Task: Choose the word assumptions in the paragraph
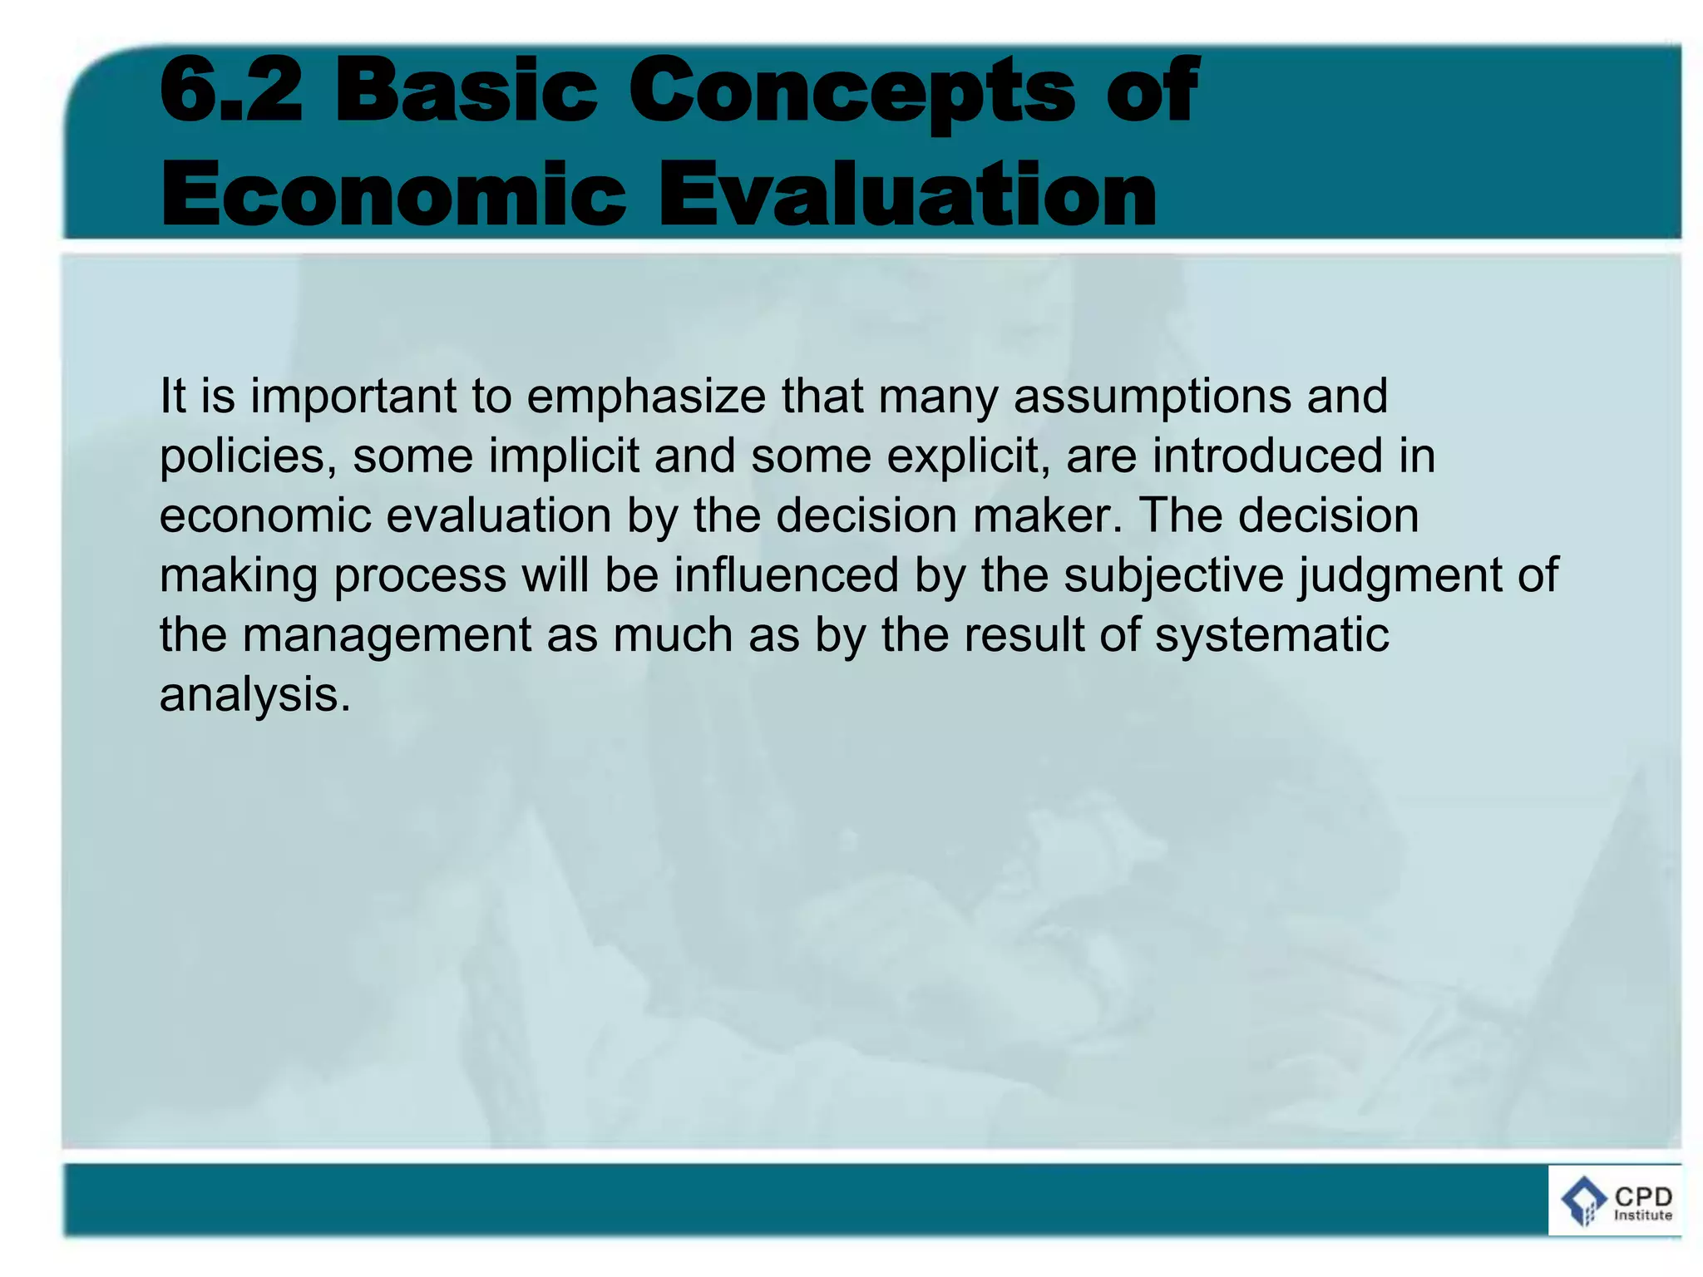(1152, 397)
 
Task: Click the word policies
(248, 456)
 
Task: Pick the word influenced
(786, 575)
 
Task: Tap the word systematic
(1271, 636)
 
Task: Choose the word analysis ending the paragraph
(254, 695)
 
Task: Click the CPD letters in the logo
(1642, 1196)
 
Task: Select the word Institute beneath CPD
(1642, 1215)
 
